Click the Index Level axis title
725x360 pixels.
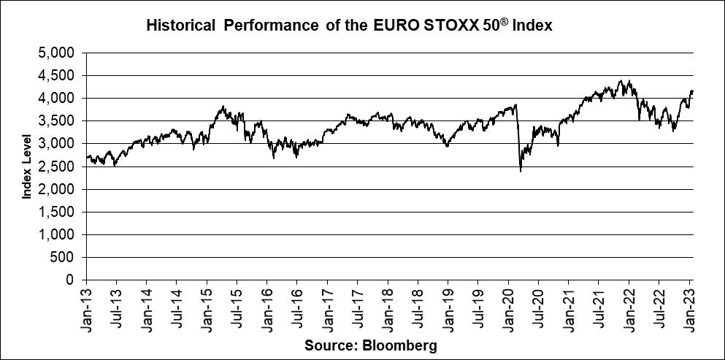pos(27,166)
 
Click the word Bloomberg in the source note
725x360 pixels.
pos(404,345)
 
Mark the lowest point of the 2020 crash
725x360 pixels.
pos(521,172)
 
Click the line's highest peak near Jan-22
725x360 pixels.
pos(620,80)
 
